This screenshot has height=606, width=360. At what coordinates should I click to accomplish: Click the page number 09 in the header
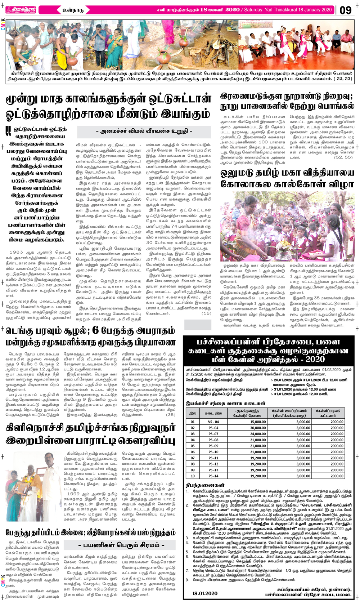click(345, 10)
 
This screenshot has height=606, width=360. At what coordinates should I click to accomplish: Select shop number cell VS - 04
click(213, 422)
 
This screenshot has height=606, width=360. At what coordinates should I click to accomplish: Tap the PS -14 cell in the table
click(213, 476)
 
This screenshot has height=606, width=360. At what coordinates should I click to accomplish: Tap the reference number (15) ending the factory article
click(206, 313)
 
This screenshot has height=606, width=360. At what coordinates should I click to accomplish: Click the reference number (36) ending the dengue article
click(170, 415)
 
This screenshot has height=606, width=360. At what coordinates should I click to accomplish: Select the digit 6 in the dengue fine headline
click(95, 330)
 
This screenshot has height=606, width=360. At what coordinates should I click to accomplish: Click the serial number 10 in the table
click(193, 476)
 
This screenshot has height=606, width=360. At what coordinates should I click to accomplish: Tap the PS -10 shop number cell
click(213, 452)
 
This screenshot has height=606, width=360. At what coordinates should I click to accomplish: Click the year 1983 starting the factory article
click(16, 252)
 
